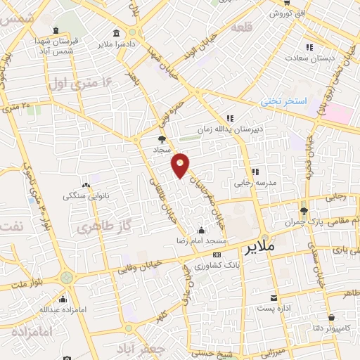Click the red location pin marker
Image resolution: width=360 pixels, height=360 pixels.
tap(181, 165)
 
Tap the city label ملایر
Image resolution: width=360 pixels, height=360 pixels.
tap(262, 249)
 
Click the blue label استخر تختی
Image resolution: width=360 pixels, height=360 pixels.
tap(285, 101)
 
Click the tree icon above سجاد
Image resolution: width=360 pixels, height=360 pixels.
tap(162, 139)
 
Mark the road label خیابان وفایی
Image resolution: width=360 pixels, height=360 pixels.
tap(144, 268)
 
